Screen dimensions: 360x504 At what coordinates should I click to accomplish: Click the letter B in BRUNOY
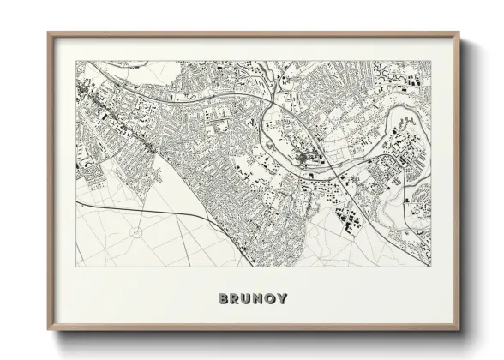point(224,298)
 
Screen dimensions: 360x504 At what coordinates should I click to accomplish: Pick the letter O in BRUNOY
point(271,298)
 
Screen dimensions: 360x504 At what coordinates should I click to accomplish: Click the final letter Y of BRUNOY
point(283,298)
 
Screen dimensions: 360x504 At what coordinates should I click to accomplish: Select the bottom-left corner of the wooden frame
point(49,330)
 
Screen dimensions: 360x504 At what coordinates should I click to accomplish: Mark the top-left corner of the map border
point(76,61)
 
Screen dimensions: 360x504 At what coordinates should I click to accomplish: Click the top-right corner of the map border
point(431,61)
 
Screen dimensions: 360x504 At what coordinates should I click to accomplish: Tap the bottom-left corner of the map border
point(76,266)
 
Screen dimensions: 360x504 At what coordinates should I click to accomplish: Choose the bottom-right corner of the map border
point(431,266)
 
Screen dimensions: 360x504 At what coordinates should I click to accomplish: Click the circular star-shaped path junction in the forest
point(135,232)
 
